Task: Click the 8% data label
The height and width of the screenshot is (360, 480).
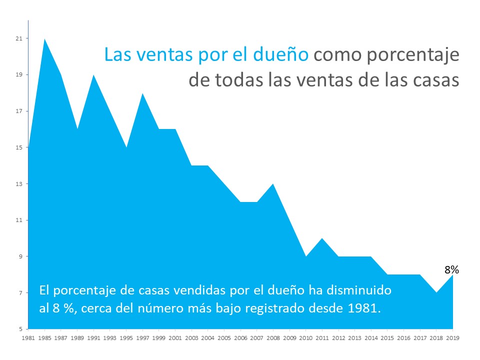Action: (x=451, y=270)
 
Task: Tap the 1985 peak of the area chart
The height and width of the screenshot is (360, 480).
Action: (x=45, y=39)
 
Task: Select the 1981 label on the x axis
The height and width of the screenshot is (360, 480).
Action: (x=28, y=338)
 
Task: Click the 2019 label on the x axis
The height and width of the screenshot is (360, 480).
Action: (x=453, y=338)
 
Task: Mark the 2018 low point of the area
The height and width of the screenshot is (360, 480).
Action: (x=436, y=292)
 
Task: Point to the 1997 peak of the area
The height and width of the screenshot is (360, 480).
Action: (x=143, y=94)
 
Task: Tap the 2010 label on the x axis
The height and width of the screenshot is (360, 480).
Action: (x=306, y=338)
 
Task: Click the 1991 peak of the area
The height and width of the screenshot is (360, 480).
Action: (x=94, y=75)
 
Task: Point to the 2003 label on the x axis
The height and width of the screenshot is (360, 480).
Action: (x=192, y=338)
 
